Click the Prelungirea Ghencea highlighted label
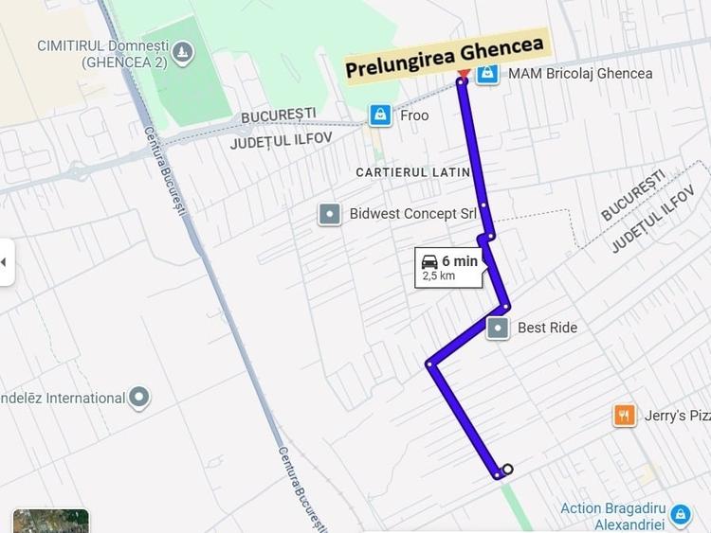pos(445,57)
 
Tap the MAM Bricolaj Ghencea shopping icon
pos(487,73)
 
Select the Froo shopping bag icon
pos(380,115)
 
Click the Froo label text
pos(414,115)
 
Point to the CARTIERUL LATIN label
pos(413,172)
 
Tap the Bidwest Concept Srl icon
pos(329,214)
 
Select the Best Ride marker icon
pos(498,328)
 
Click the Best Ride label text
pos(547,328)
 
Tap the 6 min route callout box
pos(449,267)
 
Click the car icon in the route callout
pos(429,261)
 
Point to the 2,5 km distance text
pos(439,276)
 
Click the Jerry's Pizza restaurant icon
pos(624,415)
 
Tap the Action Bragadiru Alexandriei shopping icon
pos(680,515)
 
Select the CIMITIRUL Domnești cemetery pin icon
pos(183,52)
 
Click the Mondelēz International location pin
pos(139,398)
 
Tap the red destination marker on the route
pos(463,75)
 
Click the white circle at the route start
pos(508,469)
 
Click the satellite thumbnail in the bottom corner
pos(51,521)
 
